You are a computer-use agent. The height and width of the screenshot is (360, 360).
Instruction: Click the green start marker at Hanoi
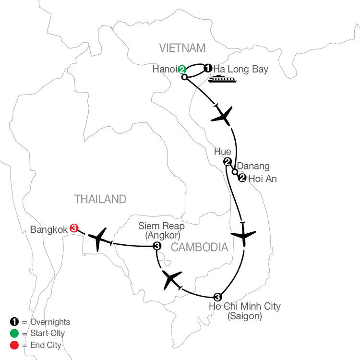(x=181, y=69)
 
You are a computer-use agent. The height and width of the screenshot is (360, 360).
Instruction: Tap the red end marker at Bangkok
(x=74, y=228)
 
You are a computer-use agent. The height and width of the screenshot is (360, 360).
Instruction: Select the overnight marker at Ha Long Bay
(x=208, y=68)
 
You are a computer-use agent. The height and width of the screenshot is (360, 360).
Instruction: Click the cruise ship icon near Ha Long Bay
(x=222, y=79)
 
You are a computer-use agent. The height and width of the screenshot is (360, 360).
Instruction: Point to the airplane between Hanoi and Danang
(x=222, y=116)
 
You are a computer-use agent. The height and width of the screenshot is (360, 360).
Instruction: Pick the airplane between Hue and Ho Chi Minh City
(x=243, y=234)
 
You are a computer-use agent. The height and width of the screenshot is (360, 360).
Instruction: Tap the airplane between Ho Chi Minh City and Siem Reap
(x=171, y=279)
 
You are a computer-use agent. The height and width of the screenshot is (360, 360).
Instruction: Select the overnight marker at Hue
(x=228, y=162)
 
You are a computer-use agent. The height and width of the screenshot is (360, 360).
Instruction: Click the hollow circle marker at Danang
(x=235, y=172)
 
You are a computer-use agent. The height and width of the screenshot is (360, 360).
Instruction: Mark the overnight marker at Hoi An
(x=242, y=178)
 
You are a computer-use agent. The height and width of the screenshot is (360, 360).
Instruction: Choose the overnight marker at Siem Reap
(x=157, y=246)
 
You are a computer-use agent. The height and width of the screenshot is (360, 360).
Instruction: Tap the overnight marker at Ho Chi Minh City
(x=217, y=297)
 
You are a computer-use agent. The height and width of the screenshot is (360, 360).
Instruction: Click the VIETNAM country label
(x=182, y=48)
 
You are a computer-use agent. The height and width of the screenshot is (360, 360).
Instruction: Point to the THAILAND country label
(x=100, y=199)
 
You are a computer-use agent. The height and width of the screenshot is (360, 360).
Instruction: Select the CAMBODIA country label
(x=200, y=247)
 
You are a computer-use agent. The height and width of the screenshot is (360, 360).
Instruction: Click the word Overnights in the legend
(x=50, y=322)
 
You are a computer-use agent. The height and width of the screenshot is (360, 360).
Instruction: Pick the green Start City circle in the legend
(x=14, y=334)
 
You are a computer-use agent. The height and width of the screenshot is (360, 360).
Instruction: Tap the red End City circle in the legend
(x=14, y=345)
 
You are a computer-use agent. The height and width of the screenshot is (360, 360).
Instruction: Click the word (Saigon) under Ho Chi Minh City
(x=245, y=316)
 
